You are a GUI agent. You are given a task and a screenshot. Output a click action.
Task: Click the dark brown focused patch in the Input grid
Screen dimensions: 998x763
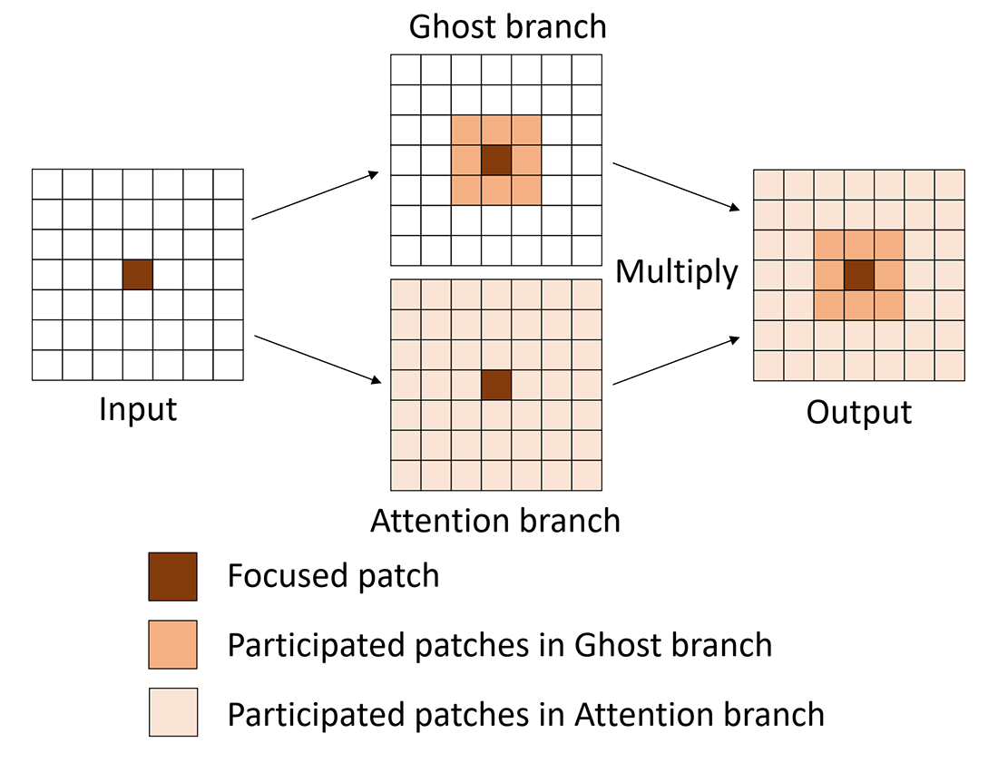tap(138, 274)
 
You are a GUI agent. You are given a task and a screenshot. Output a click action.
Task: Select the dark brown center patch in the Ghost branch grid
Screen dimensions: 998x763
tap(496, 160)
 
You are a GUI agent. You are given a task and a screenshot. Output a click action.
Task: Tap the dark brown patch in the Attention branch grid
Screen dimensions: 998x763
tap(496, 385)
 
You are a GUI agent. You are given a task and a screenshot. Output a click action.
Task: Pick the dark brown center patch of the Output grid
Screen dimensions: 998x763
tap(859, 276)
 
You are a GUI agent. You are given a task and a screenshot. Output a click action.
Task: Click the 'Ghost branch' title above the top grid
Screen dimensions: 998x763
tap(507, 26)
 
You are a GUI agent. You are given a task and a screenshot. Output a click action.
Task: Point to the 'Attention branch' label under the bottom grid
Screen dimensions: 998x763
tap(495, 521)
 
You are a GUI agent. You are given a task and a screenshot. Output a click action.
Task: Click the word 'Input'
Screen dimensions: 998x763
tap(138, 409)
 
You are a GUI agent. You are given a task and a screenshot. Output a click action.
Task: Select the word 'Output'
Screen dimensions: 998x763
tap(858, 413)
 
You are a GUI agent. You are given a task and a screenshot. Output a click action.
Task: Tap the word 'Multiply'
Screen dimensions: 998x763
tap(677, 272)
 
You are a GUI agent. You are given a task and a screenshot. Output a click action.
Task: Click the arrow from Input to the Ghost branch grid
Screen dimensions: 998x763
tap(315, 195)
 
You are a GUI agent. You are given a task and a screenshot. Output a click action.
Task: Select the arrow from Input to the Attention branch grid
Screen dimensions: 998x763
tap(318, 359)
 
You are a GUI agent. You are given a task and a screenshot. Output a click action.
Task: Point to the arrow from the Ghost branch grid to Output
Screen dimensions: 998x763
tap(676, 187)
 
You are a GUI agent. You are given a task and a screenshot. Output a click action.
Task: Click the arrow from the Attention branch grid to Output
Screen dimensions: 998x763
tap(676, 361)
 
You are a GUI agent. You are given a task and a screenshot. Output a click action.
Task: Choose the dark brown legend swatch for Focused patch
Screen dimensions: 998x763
tap(172, 576)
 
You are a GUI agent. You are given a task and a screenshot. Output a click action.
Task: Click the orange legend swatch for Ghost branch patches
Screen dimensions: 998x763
tap(172, 645)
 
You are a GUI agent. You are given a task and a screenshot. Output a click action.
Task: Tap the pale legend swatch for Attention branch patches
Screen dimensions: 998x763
tap(173, 712)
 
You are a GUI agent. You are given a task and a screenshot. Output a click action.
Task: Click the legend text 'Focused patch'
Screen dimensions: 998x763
tap(334, 576)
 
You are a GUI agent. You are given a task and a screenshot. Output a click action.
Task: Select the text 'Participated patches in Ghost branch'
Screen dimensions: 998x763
tap(500, 645)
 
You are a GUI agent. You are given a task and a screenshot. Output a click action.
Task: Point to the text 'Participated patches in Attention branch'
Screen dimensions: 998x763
tap(525, 714)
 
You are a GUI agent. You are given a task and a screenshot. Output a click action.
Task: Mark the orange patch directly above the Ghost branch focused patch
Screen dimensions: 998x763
tap(496, 130)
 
